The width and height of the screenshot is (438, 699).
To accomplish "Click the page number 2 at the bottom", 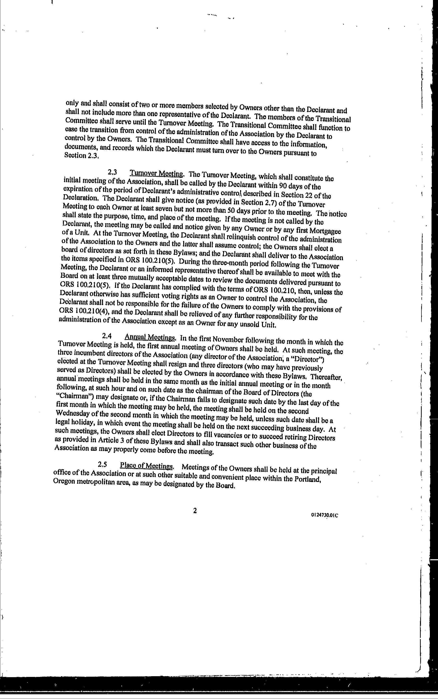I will (x=195, y=511).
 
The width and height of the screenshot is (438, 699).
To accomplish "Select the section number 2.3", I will (x=112, y=172).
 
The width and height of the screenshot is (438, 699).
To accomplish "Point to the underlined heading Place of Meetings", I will (x=146, y=466).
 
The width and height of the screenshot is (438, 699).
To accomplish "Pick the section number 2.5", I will (x=103, y=464).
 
